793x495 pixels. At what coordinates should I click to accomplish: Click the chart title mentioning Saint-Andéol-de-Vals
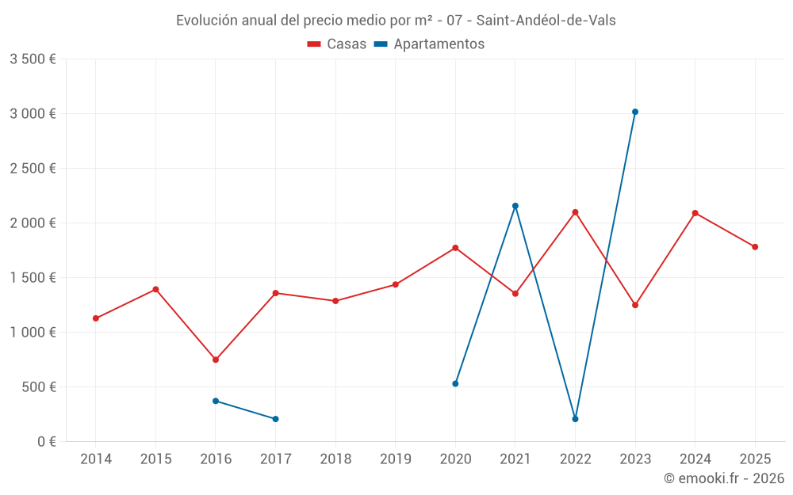coord(396,21)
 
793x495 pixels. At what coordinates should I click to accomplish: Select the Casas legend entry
coord(337,44)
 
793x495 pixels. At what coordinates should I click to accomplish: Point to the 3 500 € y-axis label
coord(33,59)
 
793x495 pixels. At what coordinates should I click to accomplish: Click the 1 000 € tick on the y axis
coord(33,333)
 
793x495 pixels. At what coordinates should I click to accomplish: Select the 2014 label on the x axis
coord(96,459)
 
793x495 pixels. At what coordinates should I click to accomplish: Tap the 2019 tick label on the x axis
coord(396,459)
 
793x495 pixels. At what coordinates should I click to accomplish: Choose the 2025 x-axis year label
coord(755,459)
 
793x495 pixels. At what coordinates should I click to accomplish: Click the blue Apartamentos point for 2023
coord(635,112)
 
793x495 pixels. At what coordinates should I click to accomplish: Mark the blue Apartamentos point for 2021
coord(515,206)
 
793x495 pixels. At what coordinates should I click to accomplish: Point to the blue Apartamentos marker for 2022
coord(575,419)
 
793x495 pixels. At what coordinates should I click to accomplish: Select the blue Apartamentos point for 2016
coord(216,401)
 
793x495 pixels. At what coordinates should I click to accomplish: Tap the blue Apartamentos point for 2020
coord(455,383)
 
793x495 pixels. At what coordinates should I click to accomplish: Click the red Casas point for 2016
coord(216,360)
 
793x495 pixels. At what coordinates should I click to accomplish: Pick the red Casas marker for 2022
coord(575,212)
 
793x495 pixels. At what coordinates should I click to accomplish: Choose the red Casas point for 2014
coord(96,318)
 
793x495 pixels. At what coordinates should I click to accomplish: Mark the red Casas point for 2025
coord(755,247)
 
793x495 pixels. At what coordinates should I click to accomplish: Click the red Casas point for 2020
coord(455,248)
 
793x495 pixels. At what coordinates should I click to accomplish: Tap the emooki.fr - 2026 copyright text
coord(723,478)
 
